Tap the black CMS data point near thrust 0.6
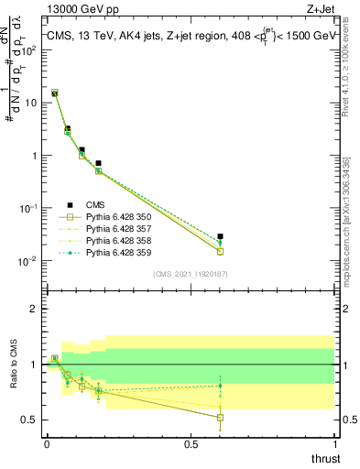coord(220,236)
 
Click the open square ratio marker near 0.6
coord(220,418)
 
